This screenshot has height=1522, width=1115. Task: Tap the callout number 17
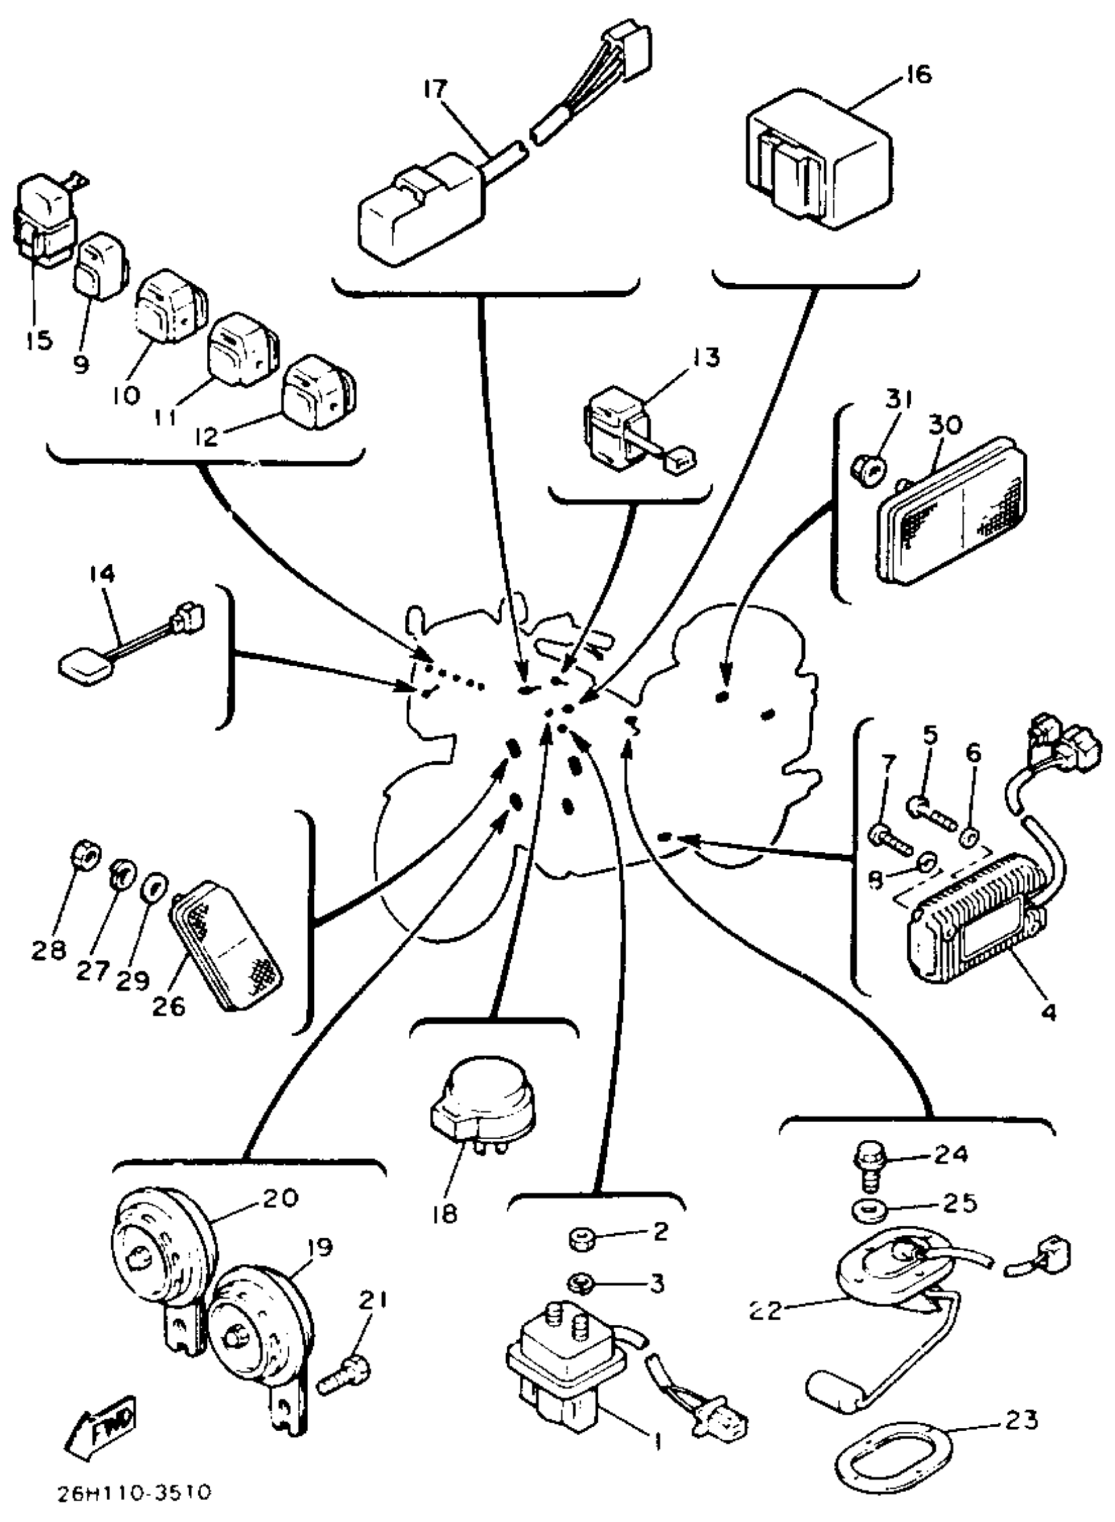coord(436,89)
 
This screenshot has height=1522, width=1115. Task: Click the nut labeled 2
coord(580,1236)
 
